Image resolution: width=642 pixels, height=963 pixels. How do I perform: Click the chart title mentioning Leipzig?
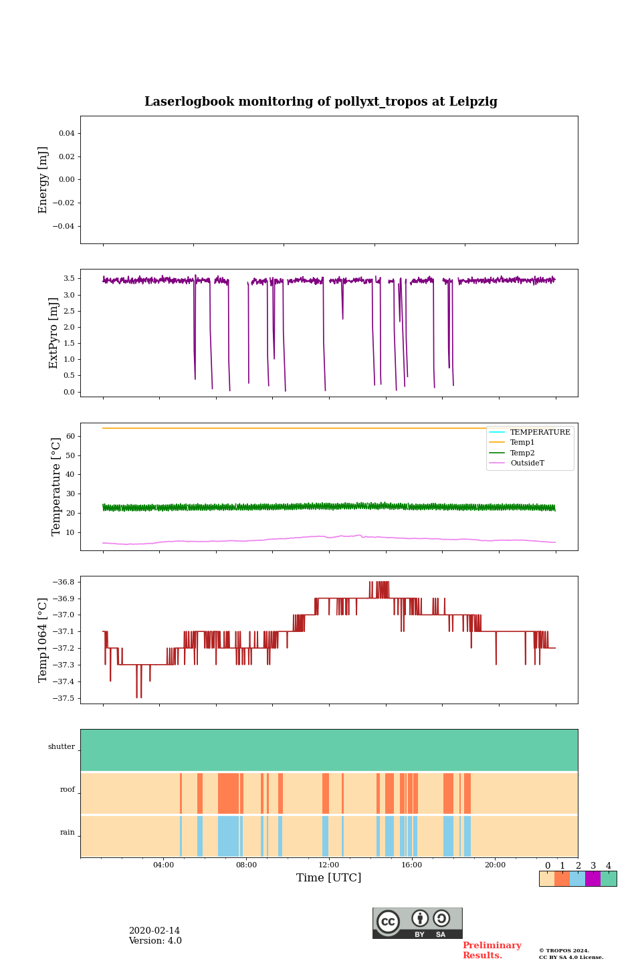pos(321,102)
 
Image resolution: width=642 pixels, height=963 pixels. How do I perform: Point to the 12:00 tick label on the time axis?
pos(329,865)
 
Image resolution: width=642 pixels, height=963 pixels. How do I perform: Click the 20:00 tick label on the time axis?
pos(495,865)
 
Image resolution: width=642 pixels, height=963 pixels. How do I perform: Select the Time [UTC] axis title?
pos(329,878)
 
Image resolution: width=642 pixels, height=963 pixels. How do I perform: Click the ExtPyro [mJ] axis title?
pos(54,333)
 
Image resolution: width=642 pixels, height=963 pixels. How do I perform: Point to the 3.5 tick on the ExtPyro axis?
pos(69,279)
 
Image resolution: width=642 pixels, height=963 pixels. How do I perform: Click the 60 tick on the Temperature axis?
pos(70,437)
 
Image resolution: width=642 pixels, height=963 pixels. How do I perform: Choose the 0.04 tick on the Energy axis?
pos(66,134)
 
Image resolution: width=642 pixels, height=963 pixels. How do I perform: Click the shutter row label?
pos(62,747)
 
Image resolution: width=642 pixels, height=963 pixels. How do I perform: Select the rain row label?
pos(68,833)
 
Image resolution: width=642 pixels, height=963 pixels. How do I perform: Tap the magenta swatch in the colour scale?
pos(593,879)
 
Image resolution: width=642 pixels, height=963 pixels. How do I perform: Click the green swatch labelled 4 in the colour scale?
pos(609,879)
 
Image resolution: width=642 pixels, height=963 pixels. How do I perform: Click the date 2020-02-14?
pos(154,931)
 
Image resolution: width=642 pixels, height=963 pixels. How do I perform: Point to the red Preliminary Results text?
pos(492,950)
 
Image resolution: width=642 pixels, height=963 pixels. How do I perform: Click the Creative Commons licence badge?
pos(417,923)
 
